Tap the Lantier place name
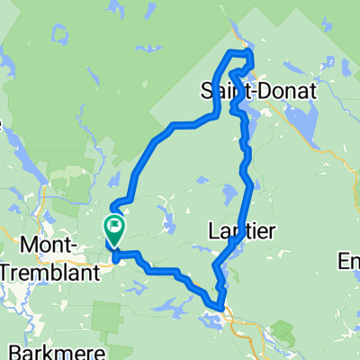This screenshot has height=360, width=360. pos(243,231)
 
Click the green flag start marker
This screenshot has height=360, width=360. pos(114,225)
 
